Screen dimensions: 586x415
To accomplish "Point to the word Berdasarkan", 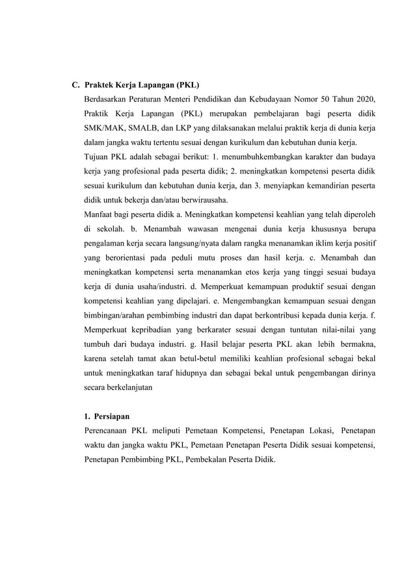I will pyautogui.click(x=108, y=99).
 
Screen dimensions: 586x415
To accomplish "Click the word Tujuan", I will pyautogui.click(x=98, y=157).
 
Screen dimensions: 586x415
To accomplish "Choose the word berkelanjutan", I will pyautogui.click(x=123, y=387).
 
